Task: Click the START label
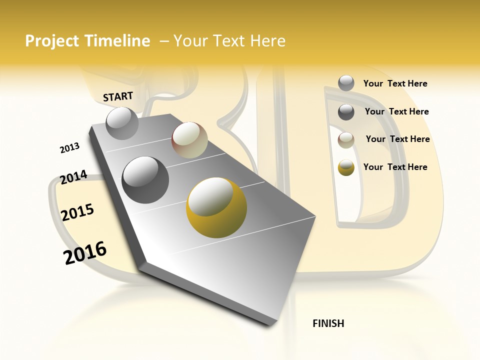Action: [x=118, y=96]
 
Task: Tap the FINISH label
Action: [x=328, y=323]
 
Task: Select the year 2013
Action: [x=69, y=148]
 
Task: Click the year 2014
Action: [x=73, y=177]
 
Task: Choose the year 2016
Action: [x=85, y=253]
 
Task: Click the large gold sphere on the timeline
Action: [x=216, y=207]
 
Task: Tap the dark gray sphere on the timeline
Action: [x=145, y=179]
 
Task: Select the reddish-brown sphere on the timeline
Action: [x=189, y=140]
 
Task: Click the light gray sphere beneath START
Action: [x=122, y=123]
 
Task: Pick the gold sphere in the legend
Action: [x=346, y=167]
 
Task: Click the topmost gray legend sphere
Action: [x=346, y=83]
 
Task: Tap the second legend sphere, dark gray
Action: [x=346, y=111]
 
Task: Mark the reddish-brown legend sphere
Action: [x=346, y=139]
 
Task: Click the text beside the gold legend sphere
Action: [x=395, y=167]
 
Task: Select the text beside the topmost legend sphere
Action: [x=395, y=83]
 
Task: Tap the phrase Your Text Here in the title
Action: [x=229, y=41]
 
